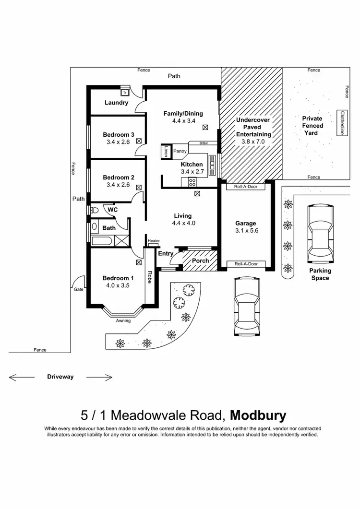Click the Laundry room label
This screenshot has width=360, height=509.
point(116,103)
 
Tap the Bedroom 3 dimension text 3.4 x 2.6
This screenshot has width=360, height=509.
point(118,142)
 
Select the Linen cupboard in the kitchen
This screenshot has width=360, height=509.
point(167,151)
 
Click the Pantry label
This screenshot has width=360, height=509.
point(180,151)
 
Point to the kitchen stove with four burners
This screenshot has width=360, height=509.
point(192,182)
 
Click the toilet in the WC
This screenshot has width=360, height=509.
point(94,210)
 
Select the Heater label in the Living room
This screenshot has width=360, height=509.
point(154,241)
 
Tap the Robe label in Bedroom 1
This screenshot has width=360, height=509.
point(150,278)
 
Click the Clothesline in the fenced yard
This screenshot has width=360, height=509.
point(342,123)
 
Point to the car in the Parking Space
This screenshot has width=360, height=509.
point(319,232)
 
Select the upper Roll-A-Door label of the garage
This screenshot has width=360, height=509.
point(246,187)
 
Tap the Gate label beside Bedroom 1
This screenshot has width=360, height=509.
point(78,289)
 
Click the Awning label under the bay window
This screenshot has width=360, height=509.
point(123,320)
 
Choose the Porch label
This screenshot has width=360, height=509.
point(200,261)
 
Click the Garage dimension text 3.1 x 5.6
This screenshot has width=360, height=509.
point(246,231)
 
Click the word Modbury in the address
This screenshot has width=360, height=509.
point(258,414)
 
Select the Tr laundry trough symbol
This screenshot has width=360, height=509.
point(125,92)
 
